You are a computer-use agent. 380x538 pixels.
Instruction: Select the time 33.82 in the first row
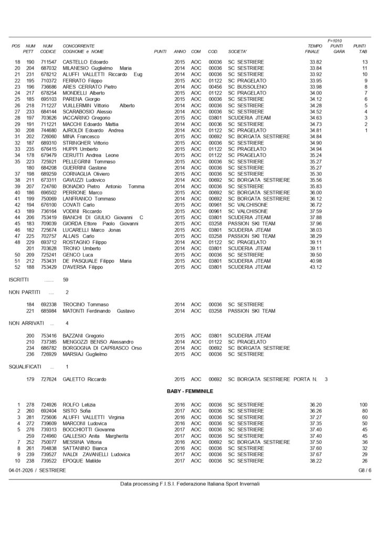tap(315, 62)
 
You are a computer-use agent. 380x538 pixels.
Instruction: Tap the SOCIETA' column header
tap(239, 51)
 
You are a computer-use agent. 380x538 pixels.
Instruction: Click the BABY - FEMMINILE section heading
tap(189, 391)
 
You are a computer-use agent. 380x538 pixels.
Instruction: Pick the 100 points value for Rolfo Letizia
tap(363, 404)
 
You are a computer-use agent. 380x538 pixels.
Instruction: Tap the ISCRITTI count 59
tap(65, 280)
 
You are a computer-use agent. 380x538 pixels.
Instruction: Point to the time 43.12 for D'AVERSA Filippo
tap(315, 267)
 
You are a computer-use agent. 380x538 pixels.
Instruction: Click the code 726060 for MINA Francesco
tap(48, 137)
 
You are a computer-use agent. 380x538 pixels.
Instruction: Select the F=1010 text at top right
tap(334, 40)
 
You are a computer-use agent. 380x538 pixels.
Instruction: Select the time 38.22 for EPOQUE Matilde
tap(315, 460)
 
